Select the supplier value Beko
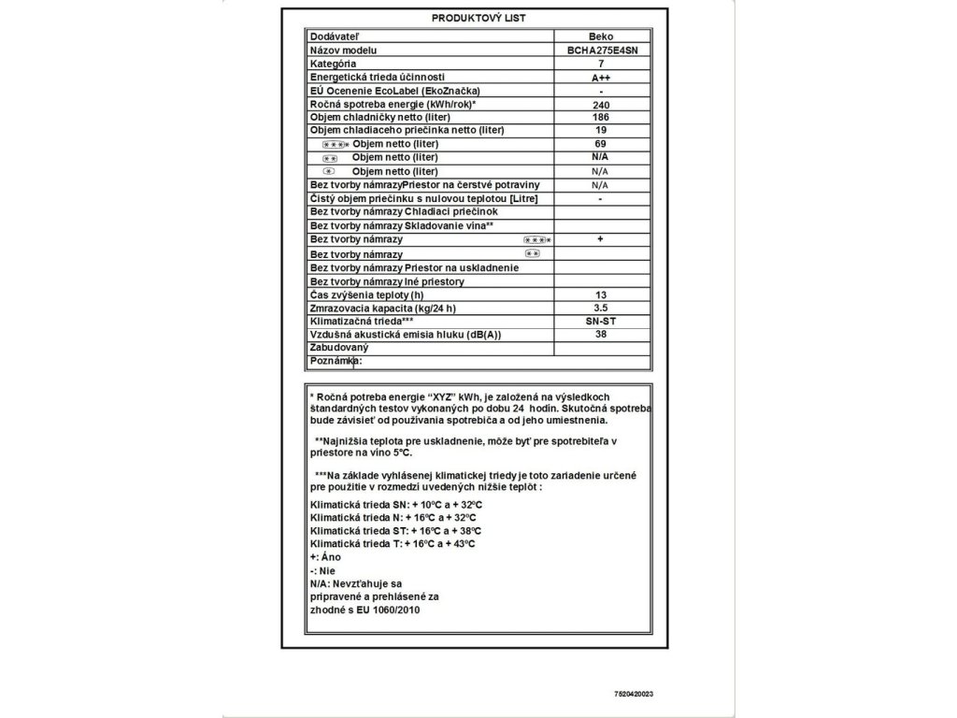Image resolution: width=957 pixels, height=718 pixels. (x=601, y=36)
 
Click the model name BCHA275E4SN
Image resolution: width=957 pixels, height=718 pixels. (x=601, y=50)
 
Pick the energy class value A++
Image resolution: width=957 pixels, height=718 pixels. (x=601, y=77)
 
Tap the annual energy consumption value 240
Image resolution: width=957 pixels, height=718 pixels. (x=601, y=105)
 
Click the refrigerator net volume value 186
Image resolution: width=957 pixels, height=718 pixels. (x=601, y=118)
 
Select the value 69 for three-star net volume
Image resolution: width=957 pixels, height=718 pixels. (x=601, y=145)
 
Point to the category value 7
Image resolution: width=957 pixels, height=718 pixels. (x=601, y=63)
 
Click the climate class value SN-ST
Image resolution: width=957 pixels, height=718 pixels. (x=601, y=321)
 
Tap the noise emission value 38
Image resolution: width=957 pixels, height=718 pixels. (x=601, y=335)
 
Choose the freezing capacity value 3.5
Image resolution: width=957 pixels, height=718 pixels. (x=601, y=308)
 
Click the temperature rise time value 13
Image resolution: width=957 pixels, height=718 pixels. (x=601, y=294)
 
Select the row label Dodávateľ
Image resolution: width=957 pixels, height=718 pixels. (x=335, y=36)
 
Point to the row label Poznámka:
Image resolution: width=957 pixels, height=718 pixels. (x=336, y=361)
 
